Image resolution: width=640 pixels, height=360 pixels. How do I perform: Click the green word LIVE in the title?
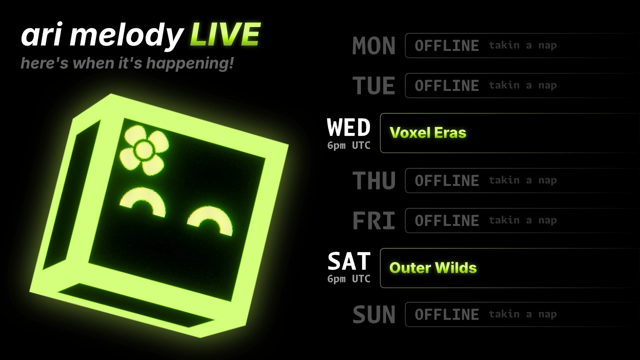click(225, 34)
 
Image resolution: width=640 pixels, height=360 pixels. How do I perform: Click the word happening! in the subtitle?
click(190, 63)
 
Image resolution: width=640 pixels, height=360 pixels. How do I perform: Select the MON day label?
click(373, 45)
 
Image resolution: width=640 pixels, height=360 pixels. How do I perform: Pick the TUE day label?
click(374, 85)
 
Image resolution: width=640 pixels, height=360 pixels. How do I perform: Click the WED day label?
click(348, 127)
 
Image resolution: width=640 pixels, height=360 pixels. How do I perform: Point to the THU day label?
click(374, 180)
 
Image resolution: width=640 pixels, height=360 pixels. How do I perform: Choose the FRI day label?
click(374, 220)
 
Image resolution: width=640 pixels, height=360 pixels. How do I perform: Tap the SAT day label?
click(349, 261)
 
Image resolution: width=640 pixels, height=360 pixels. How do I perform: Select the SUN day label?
click(374, 314)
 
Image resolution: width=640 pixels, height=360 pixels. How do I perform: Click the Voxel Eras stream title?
click(427, 133)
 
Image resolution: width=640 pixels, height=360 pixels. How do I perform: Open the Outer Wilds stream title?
click(433, 268)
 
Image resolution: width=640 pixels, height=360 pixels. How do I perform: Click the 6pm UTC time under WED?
click(349, 145)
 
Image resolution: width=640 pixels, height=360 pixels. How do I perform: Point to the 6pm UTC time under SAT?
click(349, 279)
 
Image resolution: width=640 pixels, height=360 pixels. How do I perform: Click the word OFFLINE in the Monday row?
click(447, 45)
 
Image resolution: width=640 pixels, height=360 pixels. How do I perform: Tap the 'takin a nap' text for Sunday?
click(523, 314)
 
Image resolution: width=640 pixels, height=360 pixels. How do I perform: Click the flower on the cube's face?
click(144, 150)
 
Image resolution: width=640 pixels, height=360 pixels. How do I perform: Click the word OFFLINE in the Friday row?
click(447, 220)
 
